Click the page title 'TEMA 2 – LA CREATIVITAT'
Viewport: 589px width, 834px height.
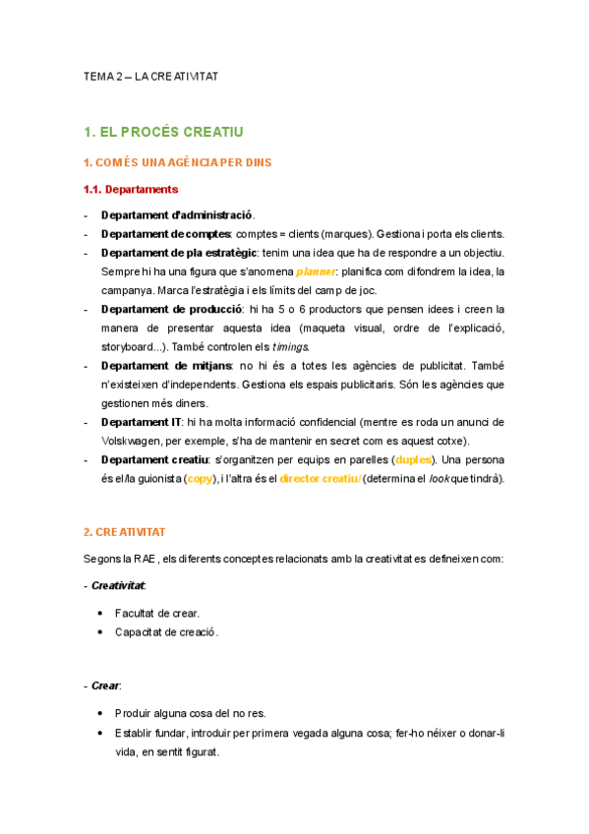pos(150,77)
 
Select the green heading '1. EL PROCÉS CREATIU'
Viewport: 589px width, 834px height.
pos(163,131)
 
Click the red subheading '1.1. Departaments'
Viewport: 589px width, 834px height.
pos(131,189)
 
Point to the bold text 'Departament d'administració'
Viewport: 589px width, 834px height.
pos(177,214)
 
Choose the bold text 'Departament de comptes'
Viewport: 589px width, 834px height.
pos(165,233)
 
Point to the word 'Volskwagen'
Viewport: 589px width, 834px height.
pos(135,441)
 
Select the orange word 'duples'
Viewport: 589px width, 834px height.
pos(411,459)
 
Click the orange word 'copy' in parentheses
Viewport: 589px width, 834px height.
pos(200,479)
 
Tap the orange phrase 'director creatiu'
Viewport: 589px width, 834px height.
pos(320,479)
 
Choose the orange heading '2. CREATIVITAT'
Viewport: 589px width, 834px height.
pos(125,532)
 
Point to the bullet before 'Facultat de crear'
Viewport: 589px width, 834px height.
pos(102,613)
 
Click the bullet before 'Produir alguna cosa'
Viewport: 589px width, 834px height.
pos(102,713)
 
